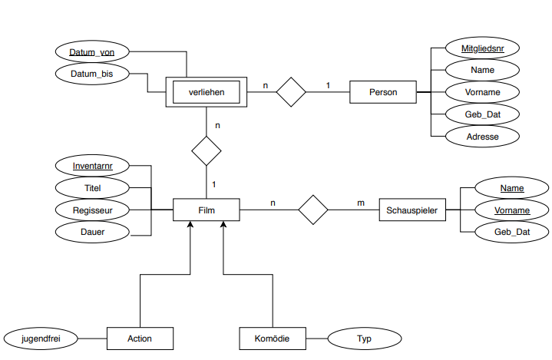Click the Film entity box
click(206, 210)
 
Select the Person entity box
click(382, 92)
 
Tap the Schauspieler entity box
click(412, 210)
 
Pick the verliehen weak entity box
click(206, 93)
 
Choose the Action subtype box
click(140, 338)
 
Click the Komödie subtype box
click(272, 338)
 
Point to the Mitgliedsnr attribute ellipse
click(483, 48)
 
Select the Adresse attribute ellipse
click(483, 137)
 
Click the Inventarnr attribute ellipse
click(91, 165)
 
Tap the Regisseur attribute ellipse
click(91, 209)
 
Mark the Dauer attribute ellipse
click(91, 230)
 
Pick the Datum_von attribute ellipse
click(91, 51)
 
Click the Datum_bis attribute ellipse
click(91, 74)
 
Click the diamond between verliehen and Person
click(291, 92)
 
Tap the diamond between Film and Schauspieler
click(312, 210)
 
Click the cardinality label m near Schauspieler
click(360, 203)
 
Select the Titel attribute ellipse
click(91, 187)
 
